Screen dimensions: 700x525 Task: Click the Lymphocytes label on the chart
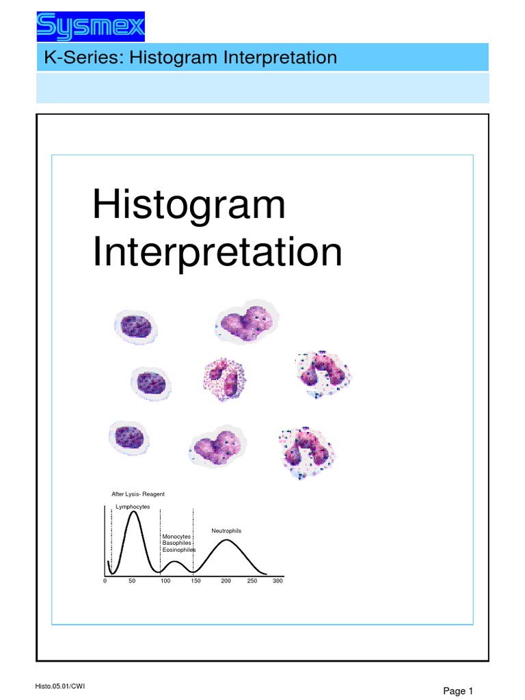tap(133, 506)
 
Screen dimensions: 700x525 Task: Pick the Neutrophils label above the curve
tap(226, 530)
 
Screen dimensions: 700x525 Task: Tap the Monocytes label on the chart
tap(176, 537)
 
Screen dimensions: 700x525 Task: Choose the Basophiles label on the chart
tap(176, 543)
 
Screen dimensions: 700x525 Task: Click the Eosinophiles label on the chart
tap(178, 549)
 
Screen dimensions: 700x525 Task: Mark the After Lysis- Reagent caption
tap(138, 494)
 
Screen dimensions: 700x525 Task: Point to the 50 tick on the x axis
tap(132, 580)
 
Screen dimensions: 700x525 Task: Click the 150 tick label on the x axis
tap(196, 580)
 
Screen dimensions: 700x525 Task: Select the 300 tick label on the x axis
tap(278, 580)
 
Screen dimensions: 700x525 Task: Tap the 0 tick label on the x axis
tap(105, 580)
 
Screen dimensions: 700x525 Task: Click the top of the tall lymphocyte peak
tap(134, 512)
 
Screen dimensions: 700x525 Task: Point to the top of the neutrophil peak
tap(226, 541)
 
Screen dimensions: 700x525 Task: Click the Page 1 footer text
tap(459, 690)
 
